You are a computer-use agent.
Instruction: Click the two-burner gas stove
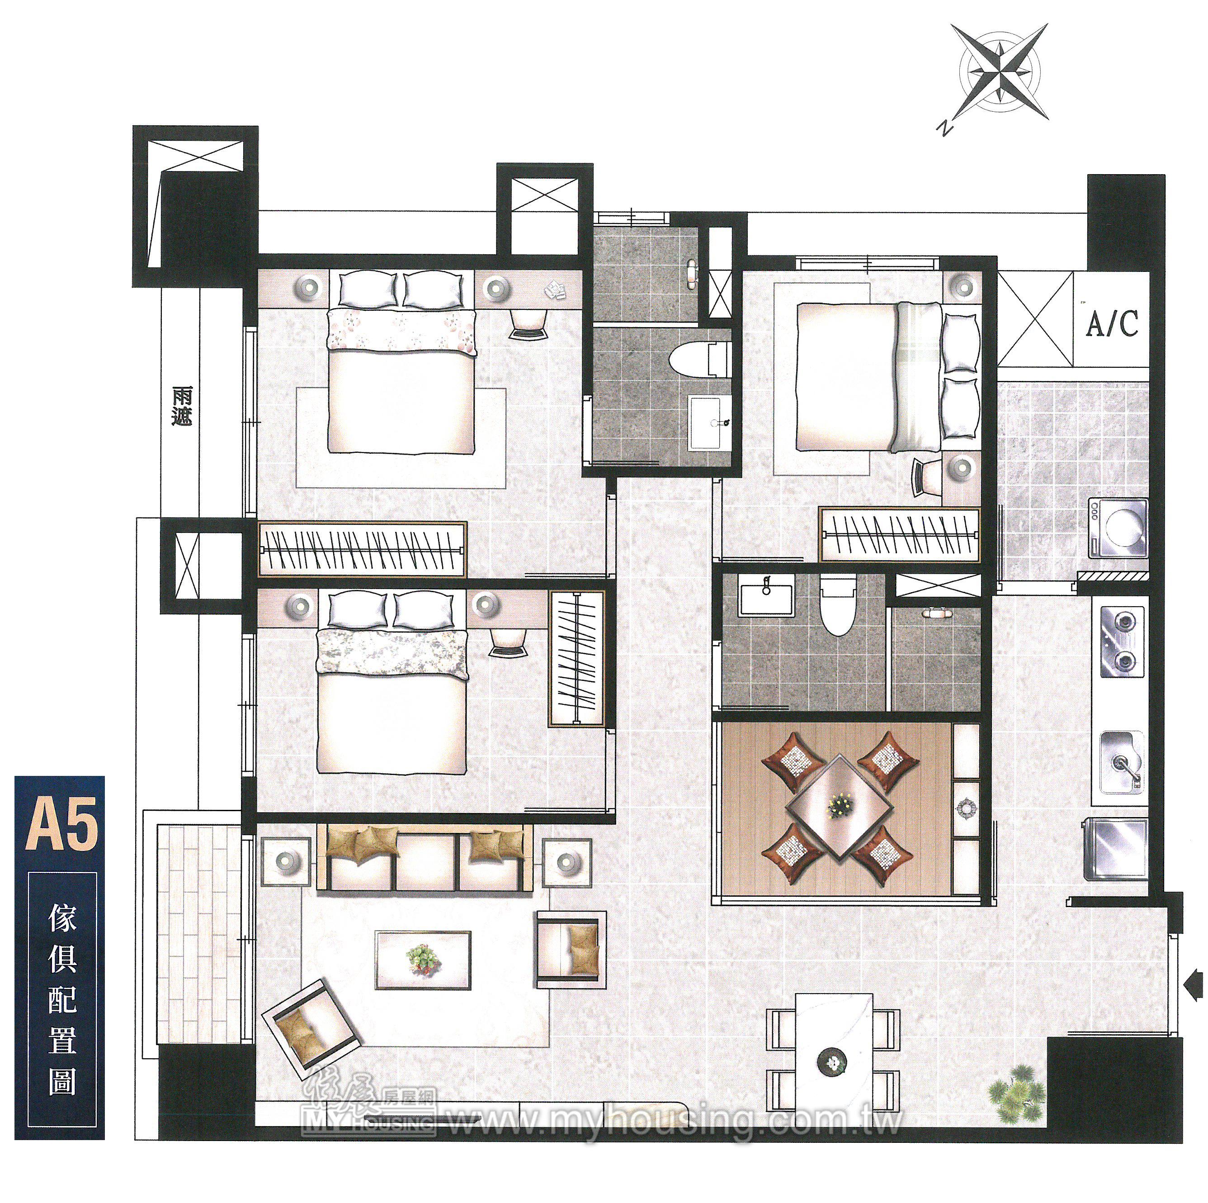pos(1123,641)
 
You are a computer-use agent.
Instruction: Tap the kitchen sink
pos(1123,761)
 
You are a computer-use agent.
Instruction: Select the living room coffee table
pos(423,960)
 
